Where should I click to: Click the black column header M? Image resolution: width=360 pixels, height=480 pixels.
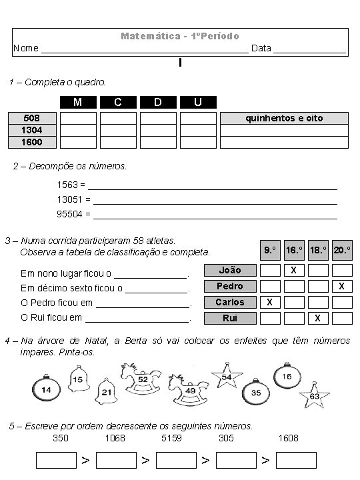(x=78, y=102)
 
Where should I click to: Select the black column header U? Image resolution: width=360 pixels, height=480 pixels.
(x=198, y=102)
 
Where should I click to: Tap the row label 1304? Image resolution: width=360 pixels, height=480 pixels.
(x=32, y=130)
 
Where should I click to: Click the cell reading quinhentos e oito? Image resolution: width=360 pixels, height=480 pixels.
(x=284, y=118)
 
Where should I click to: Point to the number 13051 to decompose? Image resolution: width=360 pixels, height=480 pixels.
(x=70, y=199)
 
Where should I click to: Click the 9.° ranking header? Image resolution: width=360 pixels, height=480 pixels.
(x=269, y=250)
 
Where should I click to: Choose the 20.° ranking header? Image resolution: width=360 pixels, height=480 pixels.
(x=342, y=250)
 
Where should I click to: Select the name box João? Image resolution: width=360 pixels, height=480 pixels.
(x=230, y=270)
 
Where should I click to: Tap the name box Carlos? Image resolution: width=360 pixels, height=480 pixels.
(x=230, y=302)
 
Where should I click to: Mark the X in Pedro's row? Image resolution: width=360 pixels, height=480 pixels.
(x=342, y=286)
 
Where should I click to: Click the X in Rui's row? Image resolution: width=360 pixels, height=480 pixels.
(x=318, y=318)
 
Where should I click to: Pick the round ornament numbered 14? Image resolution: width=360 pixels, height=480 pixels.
(x=47, y=389)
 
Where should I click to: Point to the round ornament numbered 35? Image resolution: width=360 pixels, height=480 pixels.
(x=256, y=393)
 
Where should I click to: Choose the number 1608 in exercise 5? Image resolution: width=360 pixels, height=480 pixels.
(x=288, y=438)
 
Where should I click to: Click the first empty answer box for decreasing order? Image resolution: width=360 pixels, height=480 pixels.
(x=56, y=460)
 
